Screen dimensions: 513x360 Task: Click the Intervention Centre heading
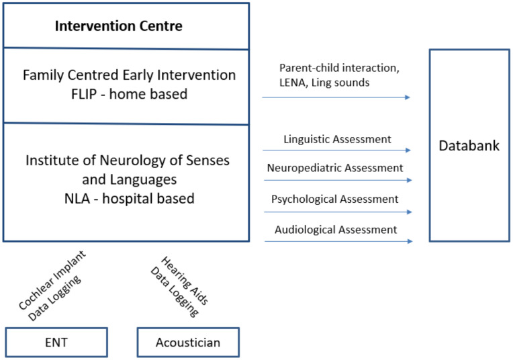tap(118, 26)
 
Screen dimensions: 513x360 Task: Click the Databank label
tap(469, 146)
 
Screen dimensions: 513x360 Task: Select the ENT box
tap(56, 343)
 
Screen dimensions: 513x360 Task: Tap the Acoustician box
tap(188, 343)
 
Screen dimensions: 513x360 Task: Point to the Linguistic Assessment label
tap(337, 139)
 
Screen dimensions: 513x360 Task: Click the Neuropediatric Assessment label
tap(335, 168)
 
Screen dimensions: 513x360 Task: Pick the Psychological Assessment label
tap(334, 199)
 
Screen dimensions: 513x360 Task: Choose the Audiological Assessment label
tap(336, 230)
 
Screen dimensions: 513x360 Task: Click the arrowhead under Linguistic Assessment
tap(408, 150)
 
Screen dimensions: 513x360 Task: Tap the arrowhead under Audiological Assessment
tap(410, 241)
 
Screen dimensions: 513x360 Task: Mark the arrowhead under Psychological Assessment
tap(410, 212)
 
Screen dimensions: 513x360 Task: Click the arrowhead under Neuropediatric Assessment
tap(410, 180)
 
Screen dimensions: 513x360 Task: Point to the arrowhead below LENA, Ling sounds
tap(408, 97)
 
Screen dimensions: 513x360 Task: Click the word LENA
tap(293, 83)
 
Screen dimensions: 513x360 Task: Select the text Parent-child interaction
tap(338, 68)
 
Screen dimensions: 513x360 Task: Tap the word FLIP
tap(84, 94)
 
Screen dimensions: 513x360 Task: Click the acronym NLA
tap(77, 199)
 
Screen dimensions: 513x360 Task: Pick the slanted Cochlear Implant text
tap(52, 281)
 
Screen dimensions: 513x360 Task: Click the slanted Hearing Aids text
tap(185, 281)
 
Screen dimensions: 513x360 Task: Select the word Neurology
tap(138, 161)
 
